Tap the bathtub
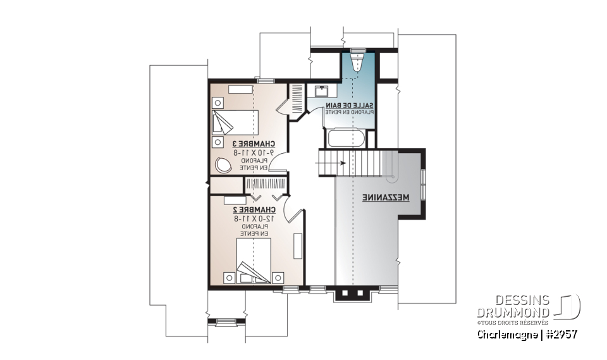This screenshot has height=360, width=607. click(345, 137)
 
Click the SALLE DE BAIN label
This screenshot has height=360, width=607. click(349, 104)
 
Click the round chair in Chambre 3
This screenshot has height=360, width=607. click(223, 164)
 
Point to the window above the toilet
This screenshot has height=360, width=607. click(358, 48)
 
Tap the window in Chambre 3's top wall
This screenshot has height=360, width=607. click(266, 80)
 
